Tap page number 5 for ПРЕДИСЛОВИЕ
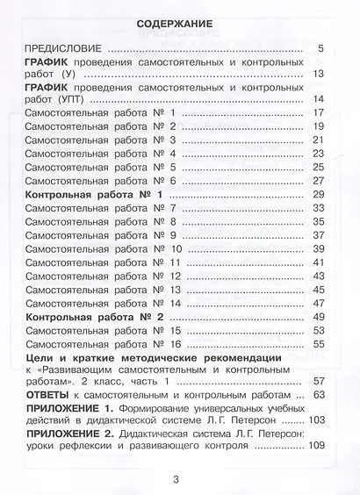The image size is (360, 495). coord(321,49)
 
